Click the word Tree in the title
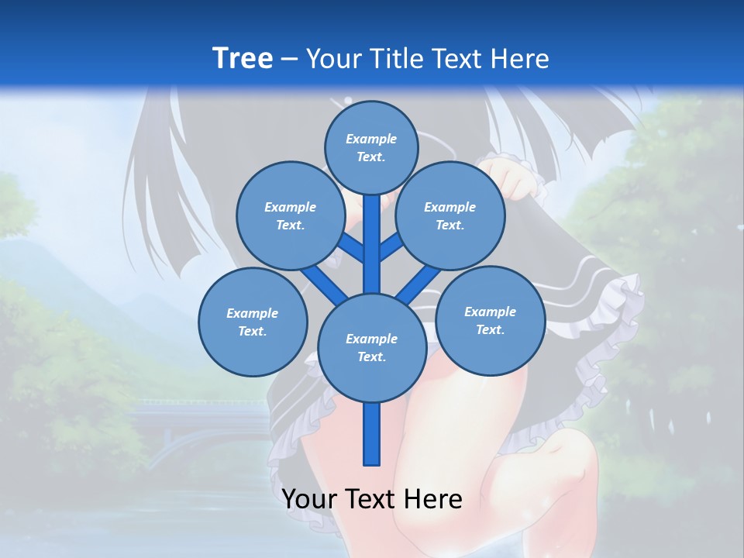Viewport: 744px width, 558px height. pos(243,58)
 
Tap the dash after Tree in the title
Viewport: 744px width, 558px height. pos(289,60)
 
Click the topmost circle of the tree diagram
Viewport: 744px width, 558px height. pos(371,147)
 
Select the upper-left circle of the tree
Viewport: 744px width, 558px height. pos(290,216)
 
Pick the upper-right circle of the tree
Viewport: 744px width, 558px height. pos(449,216)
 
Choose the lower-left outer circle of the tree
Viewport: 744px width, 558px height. pos(253,322)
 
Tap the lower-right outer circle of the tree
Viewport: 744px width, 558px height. pos(490,320)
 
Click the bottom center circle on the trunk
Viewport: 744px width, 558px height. pos(371,348)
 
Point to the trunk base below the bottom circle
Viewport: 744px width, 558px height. pos(371,434)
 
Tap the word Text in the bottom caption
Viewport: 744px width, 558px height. pos(372,499)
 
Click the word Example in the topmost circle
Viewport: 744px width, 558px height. pos(371,139)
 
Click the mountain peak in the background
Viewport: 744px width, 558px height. pos(31,246)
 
